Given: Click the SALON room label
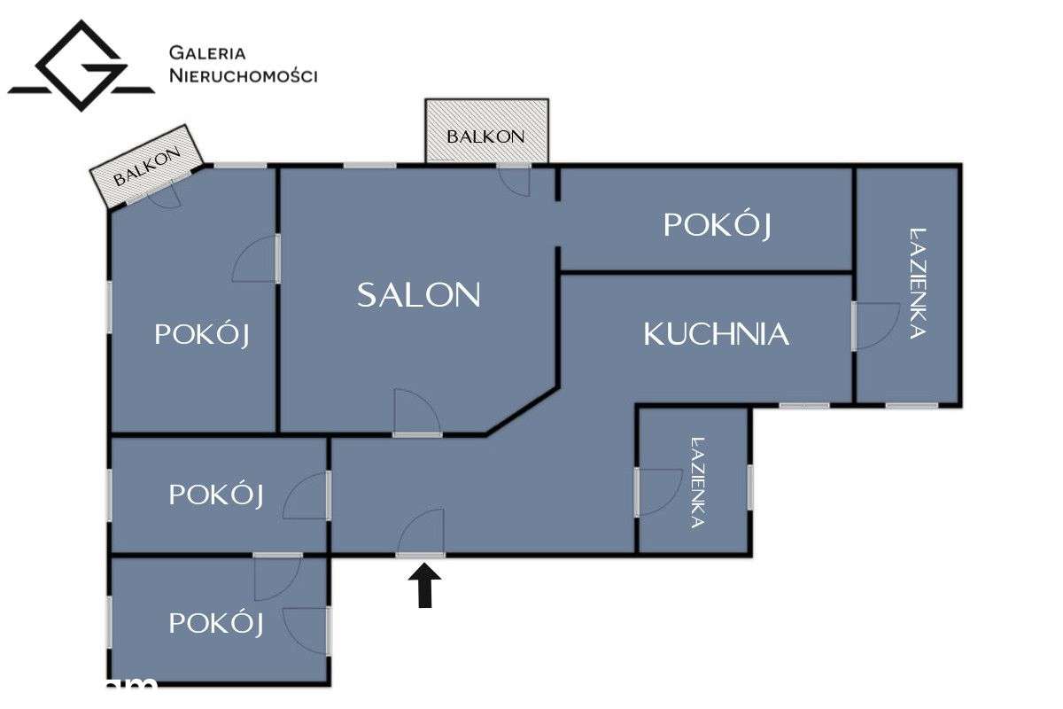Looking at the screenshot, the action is click(x=418, y=295).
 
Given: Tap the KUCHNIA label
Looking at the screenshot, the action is click(x=716, y=334).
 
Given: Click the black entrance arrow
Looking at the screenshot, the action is click(x=424, y=586).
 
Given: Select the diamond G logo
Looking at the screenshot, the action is click(x=81, y=66).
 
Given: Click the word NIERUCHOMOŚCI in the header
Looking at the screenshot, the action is click(x=244, y=76).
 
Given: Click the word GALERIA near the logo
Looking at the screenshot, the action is click(x=207, y=52).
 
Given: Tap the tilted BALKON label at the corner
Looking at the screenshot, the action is click(x=147, y=166).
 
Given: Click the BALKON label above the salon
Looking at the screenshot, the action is click(x=485, y=136).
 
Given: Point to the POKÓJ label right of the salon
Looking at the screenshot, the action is click(x=717, y=225).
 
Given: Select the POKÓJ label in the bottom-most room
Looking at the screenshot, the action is click(x=216, y=623).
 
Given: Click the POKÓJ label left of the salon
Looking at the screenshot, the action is click(x=202, y=334).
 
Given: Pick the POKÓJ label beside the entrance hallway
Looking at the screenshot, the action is click(x=216, y=495).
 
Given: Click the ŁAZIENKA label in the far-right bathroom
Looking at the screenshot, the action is click(x=918, y=283).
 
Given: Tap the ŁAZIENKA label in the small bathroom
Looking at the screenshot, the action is click(x=697, y=482).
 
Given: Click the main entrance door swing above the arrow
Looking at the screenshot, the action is click(x=421, y=531).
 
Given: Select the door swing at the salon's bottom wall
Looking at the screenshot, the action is click(x=417, y=411).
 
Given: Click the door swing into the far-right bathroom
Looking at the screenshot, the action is click(x=877, y=326).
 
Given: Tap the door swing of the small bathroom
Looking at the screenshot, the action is click(x=660, y=492).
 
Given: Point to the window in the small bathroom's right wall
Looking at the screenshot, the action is click(x=749, y=487).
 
